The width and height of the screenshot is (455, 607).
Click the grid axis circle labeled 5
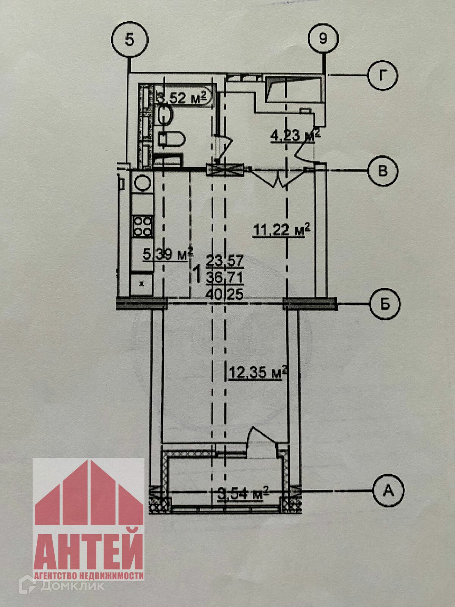coord(130,40)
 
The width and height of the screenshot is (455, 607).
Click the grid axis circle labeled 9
coord(323,39)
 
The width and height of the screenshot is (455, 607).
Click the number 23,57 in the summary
coord(224,261)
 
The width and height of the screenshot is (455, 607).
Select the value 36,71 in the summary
coord(224,278)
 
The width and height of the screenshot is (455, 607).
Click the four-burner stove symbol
coord(142,226)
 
